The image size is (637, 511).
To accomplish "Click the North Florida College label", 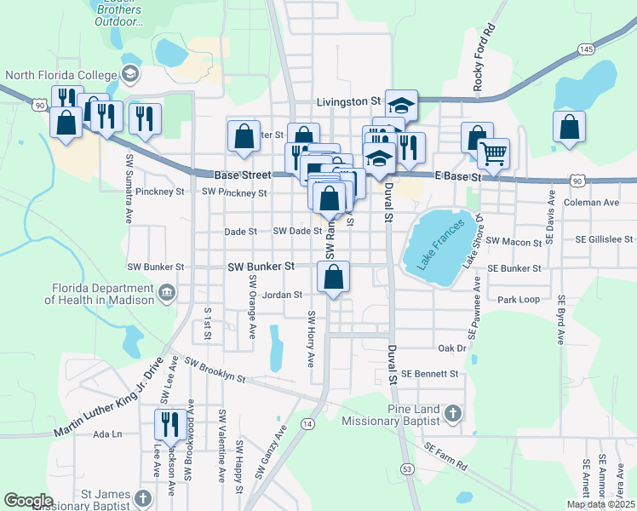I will [61, 74].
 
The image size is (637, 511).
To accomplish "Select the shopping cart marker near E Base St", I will [492, 153].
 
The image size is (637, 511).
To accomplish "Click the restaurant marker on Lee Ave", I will [169, 423].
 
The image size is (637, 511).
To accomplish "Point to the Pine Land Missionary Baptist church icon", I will [453, 415].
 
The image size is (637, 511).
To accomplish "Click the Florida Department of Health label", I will [100, 294].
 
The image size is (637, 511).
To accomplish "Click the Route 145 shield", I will [585, 49].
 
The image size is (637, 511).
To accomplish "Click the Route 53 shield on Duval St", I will [408, 468].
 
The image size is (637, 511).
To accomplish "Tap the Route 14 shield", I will [307, 423].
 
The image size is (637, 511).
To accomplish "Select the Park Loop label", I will [519, 300].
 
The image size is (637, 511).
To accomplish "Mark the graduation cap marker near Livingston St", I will [401, 105].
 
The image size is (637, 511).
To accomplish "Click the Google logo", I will [29, 500].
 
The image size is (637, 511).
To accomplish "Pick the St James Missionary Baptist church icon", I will [143, 497].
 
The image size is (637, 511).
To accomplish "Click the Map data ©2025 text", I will [600, 504].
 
